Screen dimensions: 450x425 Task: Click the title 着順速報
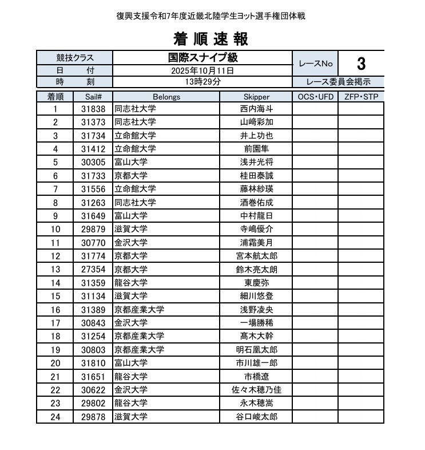pos(210,39)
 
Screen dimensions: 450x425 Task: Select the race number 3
pos(361,64)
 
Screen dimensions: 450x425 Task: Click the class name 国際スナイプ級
pos(202,58)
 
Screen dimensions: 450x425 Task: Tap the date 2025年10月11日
pos(202,71)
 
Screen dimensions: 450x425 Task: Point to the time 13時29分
pos(202,81)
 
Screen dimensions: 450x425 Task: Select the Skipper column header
pos(256,97)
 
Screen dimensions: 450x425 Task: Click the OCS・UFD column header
pos(315,97)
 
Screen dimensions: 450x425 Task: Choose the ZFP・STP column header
pos(361,97)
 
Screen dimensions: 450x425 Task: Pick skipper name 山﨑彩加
pos(256,122)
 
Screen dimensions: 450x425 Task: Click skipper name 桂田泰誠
pos(256,176)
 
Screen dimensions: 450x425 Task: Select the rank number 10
pos(55,229)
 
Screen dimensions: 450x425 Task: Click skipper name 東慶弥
pos(256,282)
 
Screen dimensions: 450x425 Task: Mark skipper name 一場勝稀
pos(256,322)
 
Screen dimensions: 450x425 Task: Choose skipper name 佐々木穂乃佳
pos(256,389)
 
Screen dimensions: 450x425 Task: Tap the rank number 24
pos(55,416)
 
